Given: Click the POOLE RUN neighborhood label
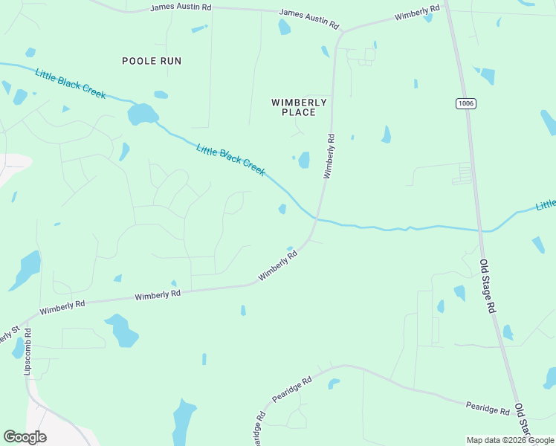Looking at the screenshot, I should click(x=152, y=61).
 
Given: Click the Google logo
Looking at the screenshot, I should click(x=25, y=437).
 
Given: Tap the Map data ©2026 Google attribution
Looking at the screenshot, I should click(x=510, y=440).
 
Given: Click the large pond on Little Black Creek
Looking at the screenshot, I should click(x=142, y=114).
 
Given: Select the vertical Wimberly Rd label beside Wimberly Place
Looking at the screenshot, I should click(x=329, y=156).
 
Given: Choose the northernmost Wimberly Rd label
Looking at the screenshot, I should click(x=417, y=13).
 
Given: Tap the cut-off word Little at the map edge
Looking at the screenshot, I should click(x=546, y=204).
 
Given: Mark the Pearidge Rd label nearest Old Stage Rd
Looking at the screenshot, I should click(x=488, y=408).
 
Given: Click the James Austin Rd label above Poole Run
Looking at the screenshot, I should click(x=181, y=7).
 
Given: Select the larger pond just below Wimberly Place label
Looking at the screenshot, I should click(x=303, y=160).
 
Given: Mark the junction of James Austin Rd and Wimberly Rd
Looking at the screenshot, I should click(x=342, y=32).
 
